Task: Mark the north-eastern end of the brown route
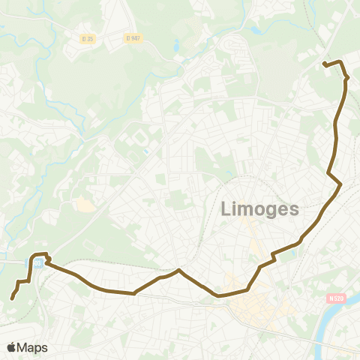click(x=324, y=64)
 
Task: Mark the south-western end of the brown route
click(x=13, y=298)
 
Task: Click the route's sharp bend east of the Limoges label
click(x=340, y=184)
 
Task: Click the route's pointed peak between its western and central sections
click(x=178, y=270)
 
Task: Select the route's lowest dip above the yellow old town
click(x=219, y=295)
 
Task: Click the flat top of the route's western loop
click(x=41, y=254)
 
